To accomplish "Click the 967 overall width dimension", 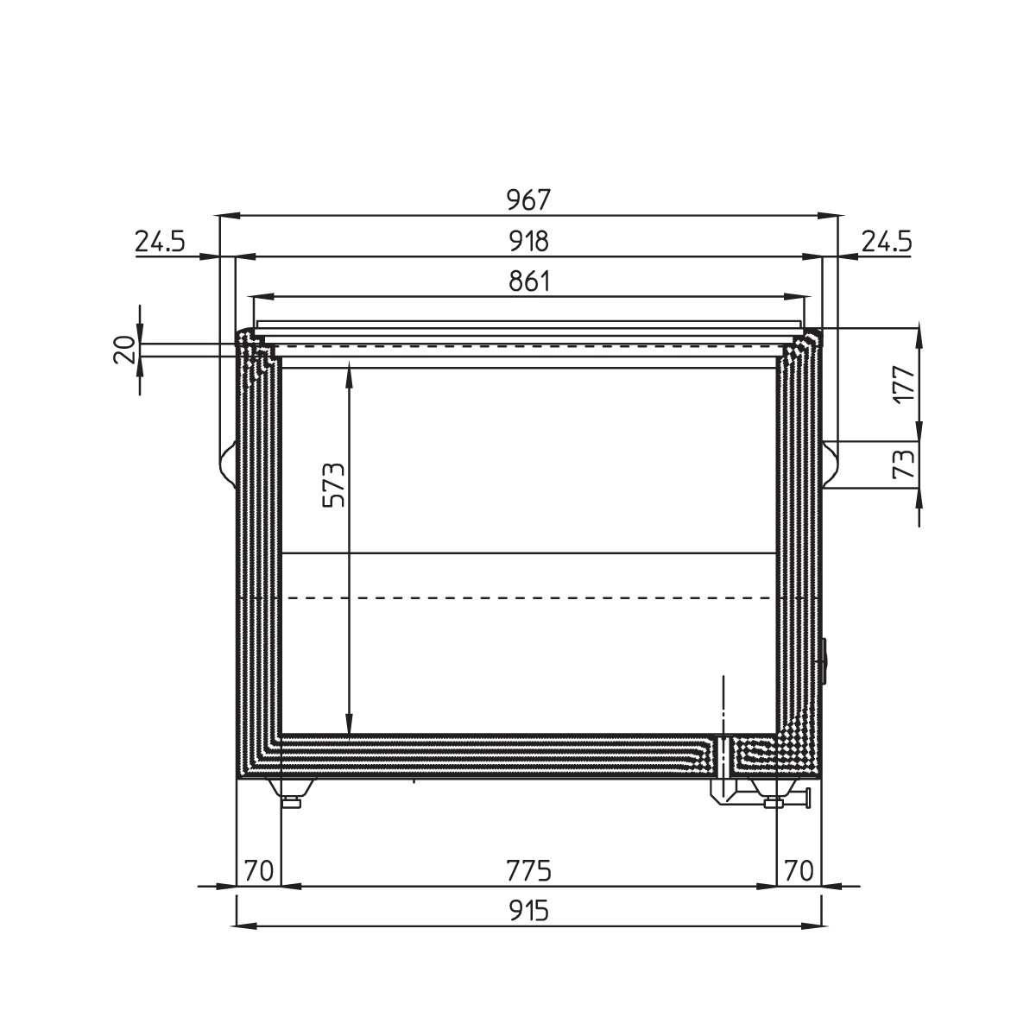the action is (529, 200).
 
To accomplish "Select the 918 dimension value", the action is (529, 242).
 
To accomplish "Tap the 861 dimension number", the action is (529, 281).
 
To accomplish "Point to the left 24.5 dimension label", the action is (160, 242).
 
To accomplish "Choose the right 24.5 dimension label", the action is (888, 242).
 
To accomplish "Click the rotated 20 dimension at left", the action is (124, 350).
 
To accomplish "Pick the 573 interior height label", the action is (333, 484).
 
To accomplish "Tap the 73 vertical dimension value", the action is (904, 464).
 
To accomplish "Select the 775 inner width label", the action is (529, 871).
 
